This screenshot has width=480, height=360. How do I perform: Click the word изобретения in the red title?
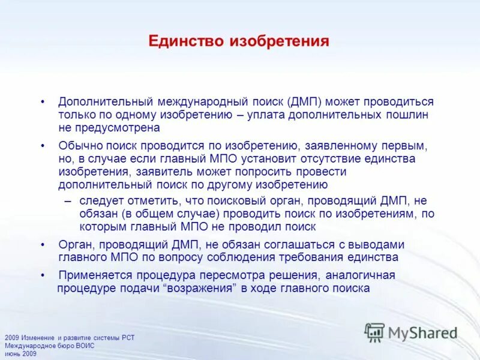[x=279, y=41]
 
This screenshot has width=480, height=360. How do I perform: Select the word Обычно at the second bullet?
[x=77, y=146]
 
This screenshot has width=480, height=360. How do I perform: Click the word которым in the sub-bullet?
[x=102, y=227]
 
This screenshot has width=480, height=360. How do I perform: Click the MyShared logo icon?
[x=374, y=332]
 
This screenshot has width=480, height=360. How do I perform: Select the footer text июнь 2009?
[x=20, y=353]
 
